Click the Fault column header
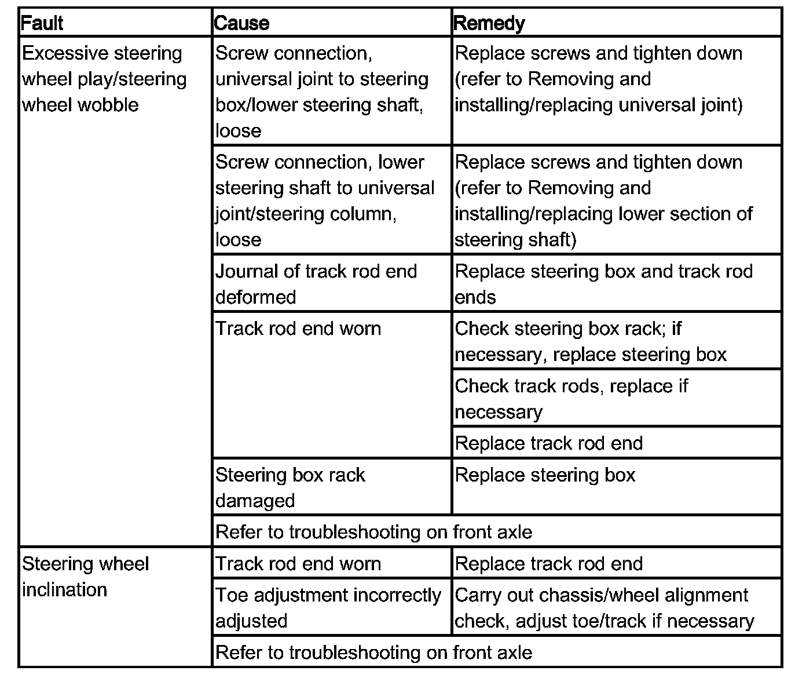point(42,23)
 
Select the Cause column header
point(241,23)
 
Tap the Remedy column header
point(489,23)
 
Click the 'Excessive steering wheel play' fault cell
point(104,79)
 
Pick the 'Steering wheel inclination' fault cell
point(85,577)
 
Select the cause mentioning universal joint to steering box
point(322,92)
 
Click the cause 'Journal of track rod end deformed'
point(316,284)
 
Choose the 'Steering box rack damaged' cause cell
point(290,487)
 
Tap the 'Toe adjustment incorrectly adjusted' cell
point(328,608)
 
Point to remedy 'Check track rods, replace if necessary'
point(571,399)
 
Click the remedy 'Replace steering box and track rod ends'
point(603,284)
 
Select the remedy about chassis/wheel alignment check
point(604,608)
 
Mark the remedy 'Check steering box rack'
point(591,341)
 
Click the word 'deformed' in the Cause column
point(255,297)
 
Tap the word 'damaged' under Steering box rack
point(255,501)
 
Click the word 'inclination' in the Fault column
point(64,590)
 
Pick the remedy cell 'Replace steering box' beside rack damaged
point(545,475)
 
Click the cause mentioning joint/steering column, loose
point(325,201)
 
